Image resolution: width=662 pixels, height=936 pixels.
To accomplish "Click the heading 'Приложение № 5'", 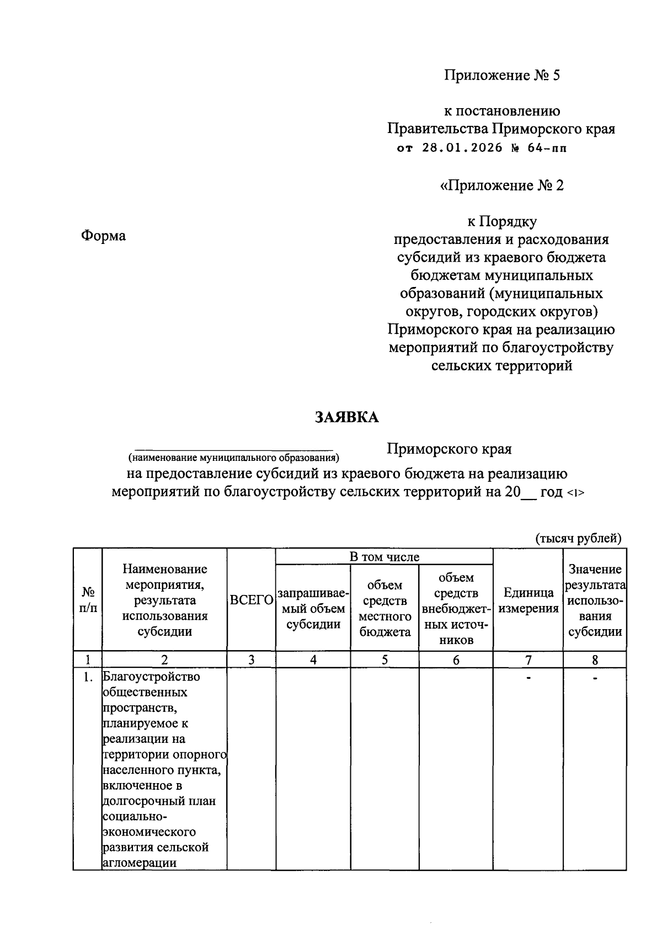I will (502, 75).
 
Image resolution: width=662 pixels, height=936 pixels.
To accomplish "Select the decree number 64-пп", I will (544, 148).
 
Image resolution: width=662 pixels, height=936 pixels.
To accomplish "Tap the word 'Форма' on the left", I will (103, 236).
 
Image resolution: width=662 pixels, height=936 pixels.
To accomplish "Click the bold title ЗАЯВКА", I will (346, 417).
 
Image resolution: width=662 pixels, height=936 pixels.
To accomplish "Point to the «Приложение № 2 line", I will (501, 185).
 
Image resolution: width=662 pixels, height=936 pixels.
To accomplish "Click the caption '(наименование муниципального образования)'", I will (233, 458).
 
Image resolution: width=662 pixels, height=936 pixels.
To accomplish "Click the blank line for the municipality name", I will (234, 449).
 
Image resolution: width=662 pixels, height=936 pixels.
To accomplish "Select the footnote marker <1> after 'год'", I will (575, 493).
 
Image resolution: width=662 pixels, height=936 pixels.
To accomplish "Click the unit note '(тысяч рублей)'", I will (579, 538).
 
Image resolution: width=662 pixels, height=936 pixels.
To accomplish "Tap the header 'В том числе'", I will (385, 557).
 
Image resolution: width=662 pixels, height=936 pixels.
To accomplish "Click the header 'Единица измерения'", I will (528, 600).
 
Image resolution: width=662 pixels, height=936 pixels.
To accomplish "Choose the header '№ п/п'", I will (88, 600).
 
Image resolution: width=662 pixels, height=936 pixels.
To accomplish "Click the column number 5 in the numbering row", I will (385, 660).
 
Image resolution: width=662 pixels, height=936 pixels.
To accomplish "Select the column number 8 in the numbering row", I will (595, 660).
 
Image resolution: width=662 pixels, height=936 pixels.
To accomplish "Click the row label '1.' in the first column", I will (88, 677).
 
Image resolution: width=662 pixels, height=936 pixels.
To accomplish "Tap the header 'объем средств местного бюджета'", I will (385, 608).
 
